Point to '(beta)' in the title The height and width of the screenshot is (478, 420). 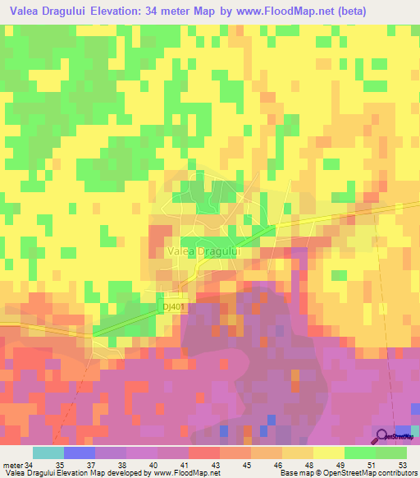345,11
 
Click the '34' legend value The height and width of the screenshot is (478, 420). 30,463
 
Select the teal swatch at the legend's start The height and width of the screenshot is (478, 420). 48,453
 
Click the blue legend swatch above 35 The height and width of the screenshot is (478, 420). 80,453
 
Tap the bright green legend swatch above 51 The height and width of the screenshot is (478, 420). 360,453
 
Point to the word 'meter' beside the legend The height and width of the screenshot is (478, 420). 12,463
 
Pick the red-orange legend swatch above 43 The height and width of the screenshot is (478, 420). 204,453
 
